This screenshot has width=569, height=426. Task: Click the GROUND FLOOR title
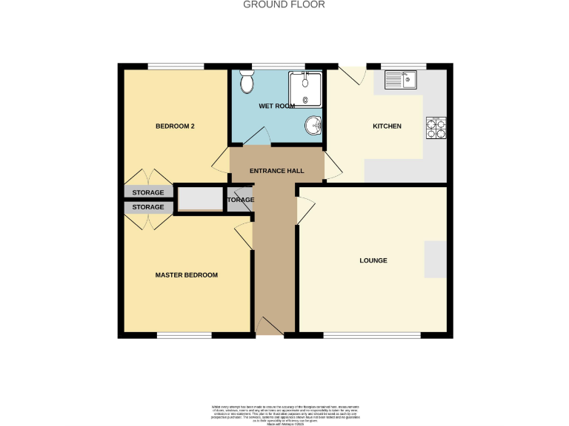pos(284,4)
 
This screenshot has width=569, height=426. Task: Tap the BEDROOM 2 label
pos(175,126)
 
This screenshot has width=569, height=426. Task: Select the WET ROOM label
pos(276,106)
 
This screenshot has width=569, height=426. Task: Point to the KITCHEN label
pos(387,126)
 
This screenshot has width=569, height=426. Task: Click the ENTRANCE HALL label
pos(276,171)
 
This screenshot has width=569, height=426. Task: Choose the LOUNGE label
pos(373,260)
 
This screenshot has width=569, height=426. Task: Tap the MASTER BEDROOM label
pos(186,275)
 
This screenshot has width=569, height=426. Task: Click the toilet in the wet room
pos(247,84)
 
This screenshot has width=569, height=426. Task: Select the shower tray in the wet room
pos(305,89)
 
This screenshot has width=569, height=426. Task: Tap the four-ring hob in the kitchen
pos(435,129)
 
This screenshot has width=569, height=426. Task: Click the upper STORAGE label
pos(148,193)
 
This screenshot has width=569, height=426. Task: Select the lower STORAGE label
pos(148,208)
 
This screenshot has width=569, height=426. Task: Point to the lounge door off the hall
pos(305,211)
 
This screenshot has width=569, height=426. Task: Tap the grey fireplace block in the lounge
pos(435,259)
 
